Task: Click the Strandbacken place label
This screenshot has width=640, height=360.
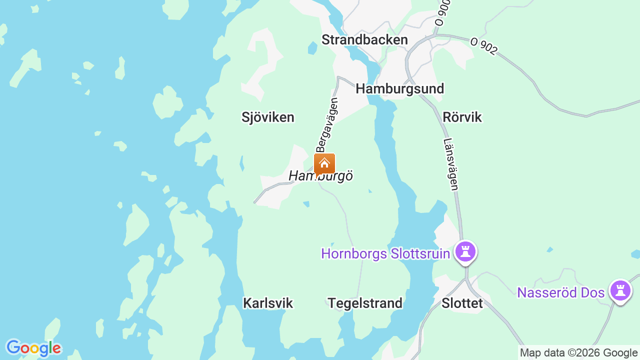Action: pos(364,40)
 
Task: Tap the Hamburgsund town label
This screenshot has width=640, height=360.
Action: pos(399,89)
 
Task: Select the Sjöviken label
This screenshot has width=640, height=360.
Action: pos(267,117)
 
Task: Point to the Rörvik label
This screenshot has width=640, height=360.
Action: pos(462,117)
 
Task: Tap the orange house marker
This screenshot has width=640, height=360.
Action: pos(324,163)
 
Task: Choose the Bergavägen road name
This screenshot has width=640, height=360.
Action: pos(327,125)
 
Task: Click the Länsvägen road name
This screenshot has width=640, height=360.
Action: pos(451,164)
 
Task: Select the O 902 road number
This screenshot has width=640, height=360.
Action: pos(484,46)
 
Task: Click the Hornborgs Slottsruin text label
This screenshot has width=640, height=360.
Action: pos(385,253)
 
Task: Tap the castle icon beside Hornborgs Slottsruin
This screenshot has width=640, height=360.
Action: pos(465,251)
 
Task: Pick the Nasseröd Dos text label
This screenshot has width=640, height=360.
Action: pos(560,292)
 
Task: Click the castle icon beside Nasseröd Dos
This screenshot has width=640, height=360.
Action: pos(620,290)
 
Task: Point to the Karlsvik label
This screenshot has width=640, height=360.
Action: pos(267,303)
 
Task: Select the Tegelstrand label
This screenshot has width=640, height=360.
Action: pos(364,303)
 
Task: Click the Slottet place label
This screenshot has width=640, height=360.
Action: pos(462,303)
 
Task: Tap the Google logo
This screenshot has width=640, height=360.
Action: pos(33,348)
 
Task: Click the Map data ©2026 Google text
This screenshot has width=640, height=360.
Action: pos(578,353)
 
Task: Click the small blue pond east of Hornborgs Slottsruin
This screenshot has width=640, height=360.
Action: pos(550,249)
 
